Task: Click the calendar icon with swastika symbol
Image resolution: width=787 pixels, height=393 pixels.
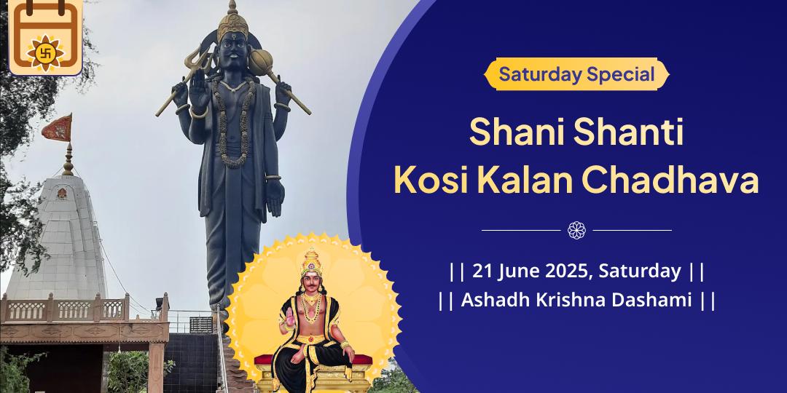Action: pos(46,37)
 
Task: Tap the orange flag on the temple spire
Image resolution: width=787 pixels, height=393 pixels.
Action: pos(58,128)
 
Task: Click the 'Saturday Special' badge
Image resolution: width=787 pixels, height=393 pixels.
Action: pos(576,74)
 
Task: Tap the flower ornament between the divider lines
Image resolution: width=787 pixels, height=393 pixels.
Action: pos(576,230)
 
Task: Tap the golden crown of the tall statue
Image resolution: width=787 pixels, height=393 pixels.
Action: pos(232,22)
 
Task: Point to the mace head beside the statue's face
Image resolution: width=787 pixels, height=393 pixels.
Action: pos(261,62)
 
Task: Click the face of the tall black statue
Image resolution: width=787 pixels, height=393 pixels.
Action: pos(233,52)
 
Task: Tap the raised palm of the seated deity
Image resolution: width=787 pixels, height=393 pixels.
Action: pos(290,317)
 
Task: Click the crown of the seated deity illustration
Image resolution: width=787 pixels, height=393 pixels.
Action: pos(311,261)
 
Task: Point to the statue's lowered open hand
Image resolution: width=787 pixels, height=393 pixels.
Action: pos(275,197)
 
